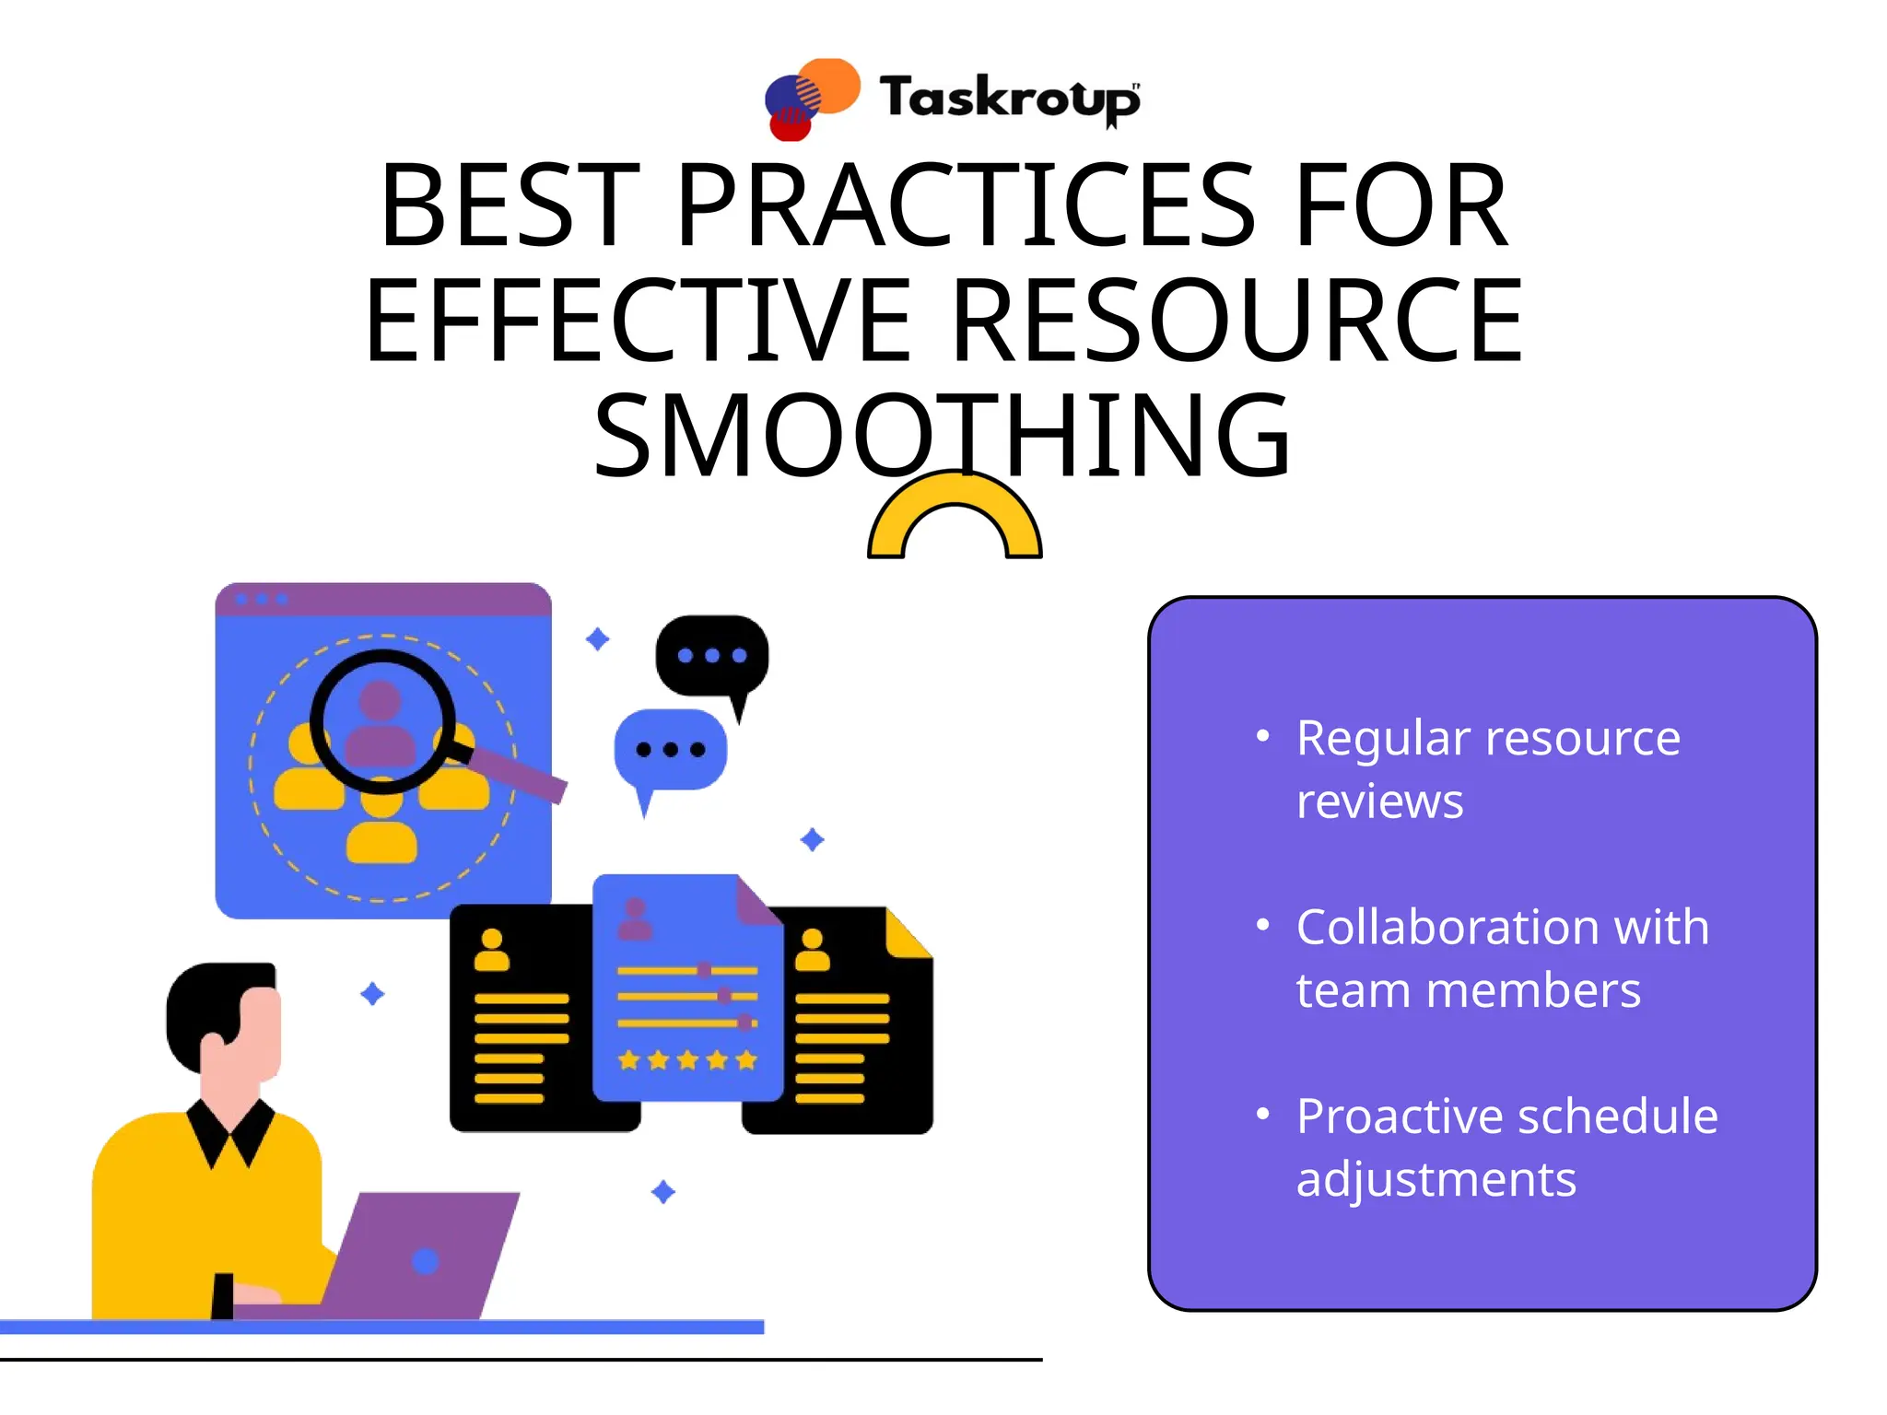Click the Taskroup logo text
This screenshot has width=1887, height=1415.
coord(1009,98)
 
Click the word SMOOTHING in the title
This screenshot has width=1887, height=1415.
coord(942,435)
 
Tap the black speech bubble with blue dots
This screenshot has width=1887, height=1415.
coord(711,656)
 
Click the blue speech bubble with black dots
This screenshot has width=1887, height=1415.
coord(671,750)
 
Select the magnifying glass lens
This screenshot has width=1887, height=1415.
coord(381,720)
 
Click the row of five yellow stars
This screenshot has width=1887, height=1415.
coord(687,1060)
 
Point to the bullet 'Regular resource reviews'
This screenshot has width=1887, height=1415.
coord(1487,768)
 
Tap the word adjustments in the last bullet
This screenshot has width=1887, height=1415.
coord(1436,1179)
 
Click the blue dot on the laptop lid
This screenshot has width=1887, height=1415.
coord(425,1261)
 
